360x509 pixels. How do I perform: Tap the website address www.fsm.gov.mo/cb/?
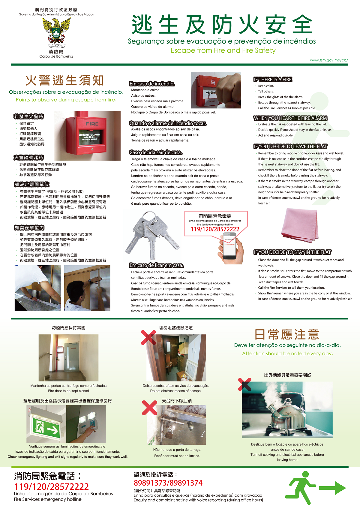click(329, 60)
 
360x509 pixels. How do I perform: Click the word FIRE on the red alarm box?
click(92, 124)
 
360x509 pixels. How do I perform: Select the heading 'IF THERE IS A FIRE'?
click(273, 80)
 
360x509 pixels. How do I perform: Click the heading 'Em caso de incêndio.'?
click(152, 84)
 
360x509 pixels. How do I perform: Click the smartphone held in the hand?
click(229, 246)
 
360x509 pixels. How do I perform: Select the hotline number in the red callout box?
click(215, 229)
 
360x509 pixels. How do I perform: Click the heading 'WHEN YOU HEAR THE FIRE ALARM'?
click(290, 118)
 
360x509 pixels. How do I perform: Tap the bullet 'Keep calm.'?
click(266, 86)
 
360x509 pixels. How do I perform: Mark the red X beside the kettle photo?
click(244, 384)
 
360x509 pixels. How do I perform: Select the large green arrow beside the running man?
click(332, 488)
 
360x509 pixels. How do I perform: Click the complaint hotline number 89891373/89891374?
click(168, 483)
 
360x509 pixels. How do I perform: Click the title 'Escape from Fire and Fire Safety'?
click(223, 50)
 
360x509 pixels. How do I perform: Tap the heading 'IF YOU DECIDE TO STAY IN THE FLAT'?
click(292, 252)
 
